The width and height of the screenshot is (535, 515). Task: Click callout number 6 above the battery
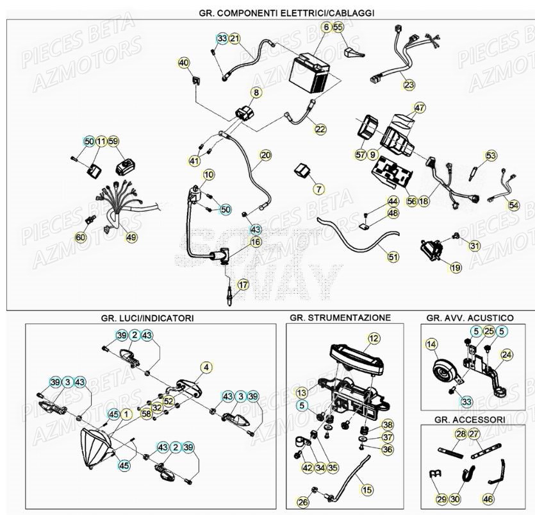[x=325, y=27]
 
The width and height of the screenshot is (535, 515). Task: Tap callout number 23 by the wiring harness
[x=409, y=84]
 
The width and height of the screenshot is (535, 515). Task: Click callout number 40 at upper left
[x=184, y=63]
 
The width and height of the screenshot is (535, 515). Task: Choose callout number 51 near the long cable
[x=393, y=257]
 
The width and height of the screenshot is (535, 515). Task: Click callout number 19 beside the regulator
[x=456, y=267]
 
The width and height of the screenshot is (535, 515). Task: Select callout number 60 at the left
[x=80, y=237]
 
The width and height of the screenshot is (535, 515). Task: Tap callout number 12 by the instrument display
[x=374, y=337]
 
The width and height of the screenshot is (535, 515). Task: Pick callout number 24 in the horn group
[x=506, y=354]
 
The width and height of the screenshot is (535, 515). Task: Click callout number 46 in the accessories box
[x=488, y=498]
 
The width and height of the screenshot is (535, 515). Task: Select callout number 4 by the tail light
[x=206, y=367]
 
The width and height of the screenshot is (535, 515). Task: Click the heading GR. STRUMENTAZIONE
[x=340, y=317]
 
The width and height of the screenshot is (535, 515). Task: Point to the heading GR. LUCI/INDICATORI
[x=147, y=317]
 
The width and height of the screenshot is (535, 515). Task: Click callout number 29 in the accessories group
[x=440, y=498]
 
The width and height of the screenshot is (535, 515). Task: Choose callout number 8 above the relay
[x=256, y=93]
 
